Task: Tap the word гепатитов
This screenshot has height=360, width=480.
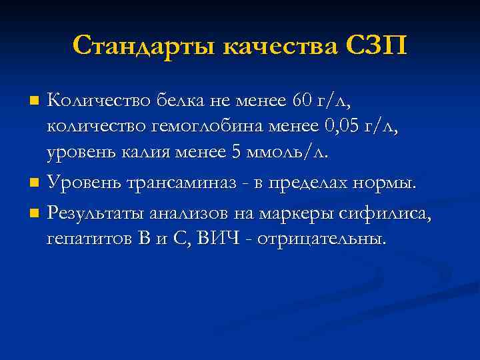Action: pyautogui.click(x=89, y=239)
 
